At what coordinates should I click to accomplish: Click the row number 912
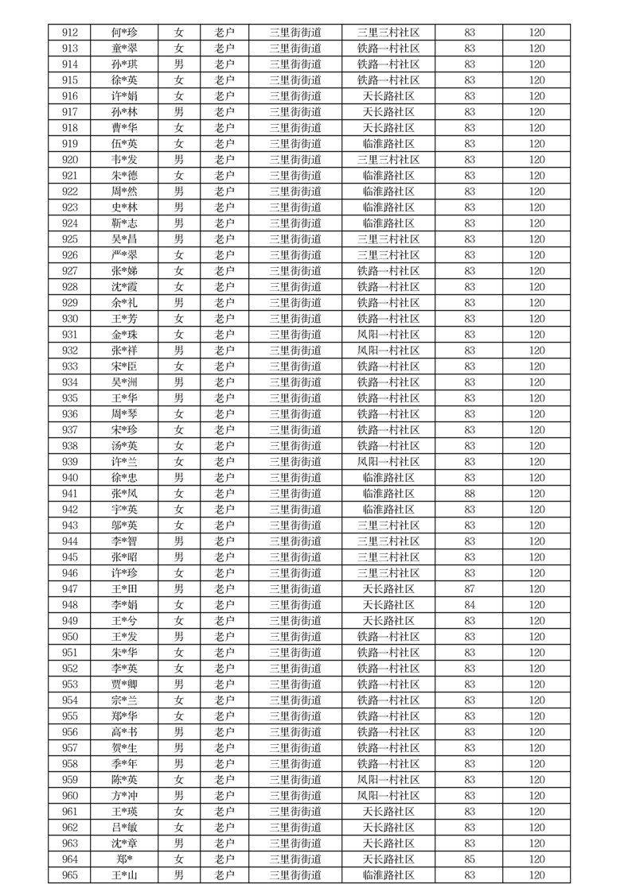[70, 33]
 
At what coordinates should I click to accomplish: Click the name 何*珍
[124, 33]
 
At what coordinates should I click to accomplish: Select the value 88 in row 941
[470, 494]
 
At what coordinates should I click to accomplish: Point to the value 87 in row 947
[470, 589]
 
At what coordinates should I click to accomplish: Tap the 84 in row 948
[470, 605]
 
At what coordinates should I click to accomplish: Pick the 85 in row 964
[470, 859]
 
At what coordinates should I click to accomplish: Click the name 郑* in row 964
[124, 859]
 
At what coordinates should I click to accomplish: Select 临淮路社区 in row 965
[388, 875]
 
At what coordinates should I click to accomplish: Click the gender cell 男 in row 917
[179, 112]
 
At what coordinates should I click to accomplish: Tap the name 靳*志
[124, 223]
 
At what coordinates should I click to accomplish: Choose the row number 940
[70, 478]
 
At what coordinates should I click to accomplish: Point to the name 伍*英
[124, 144]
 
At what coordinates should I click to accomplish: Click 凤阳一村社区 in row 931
[388, 335]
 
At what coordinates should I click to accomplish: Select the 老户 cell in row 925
[224, 239]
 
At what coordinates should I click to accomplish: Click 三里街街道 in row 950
[295, 637]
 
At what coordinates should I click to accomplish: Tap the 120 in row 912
[537, 33]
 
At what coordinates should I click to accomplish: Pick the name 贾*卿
[124, 685]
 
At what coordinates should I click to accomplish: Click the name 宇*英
[124, 510]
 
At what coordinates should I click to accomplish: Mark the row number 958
[70, 764]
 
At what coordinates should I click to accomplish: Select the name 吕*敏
[124, 828]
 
